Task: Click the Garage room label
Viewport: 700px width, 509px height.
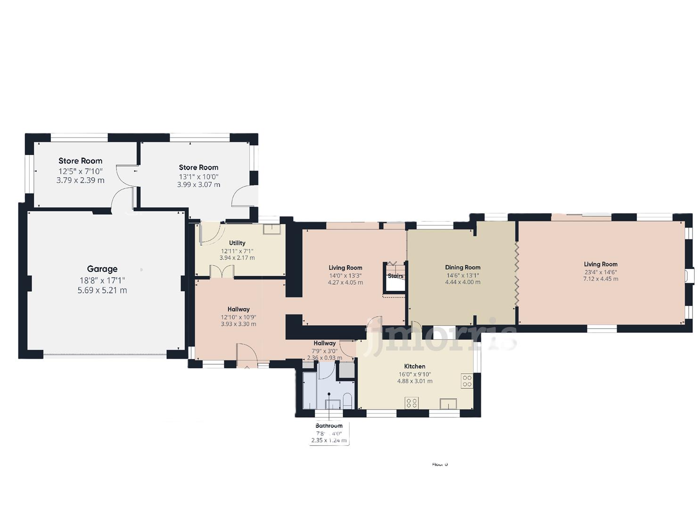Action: tap(102, 269)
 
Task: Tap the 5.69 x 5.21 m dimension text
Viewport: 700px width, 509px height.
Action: tap(102, 290)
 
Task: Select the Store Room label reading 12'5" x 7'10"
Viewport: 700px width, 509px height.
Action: tap(80, 161)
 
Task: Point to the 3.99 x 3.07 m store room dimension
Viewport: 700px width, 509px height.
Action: tap(198, 185)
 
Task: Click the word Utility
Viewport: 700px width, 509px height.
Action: tap(237, 243)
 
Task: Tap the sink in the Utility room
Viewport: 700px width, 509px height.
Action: tap(272, 230)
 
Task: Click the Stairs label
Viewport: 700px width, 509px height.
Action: tap(395, 276)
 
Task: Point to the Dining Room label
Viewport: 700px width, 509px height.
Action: tap(462, 267)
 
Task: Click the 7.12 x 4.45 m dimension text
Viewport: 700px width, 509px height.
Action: tap(600, 279)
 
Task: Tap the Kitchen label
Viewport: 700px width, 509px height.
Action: tap(414, 366)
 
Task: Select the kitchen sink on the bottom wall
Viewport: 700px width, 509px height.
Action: tap(448, 403)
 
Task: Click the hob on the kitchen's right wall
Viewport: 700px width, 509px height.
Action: tap(467, 381)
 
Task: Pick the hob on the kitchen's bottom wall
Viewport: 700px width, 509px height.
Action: tap(412, 403)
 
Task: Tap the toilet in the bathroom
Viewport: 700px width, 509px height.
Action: tap(347, 401)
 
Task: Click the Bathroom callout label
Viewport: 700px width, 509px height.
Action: tap(329, 426)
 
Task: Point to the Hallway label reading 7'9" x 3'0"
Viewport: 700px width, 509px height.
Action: tap(324, 343)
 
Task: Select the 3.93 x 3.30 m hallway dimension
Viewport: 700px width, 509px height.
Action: tap(238, 324)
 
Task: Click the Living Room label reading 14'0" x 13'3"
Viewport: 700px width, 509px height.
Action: tap(345, 268)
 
